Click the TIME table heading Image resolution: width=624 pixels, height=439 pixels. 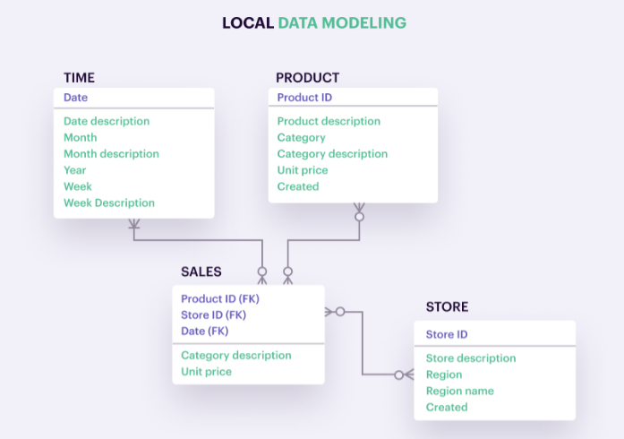[x=79, y=77]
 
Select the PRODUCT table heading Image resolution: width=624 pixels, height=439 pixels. [x=308, y=77]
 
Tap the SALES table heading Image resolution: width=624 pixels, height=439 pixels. [x=201, y=271]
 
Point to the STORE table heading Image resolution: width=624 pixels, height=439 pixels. [x=448, y=306]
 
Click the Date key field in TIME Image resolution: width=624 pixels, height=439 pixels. [x=75, y=97]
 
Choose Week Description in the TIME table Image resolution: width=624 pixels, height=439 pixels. [x=109, y=202]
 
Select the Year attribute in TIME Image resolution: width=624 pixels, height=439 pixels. [x=75, y=170]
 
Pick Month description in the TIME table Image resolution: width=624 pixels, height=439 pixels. [x=111, y=154]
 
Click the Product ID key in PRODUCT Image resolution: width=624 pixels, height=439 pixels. [x=304, y=97]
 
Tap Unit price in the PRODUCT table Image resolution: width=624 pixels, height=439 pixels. [x=303, y=170]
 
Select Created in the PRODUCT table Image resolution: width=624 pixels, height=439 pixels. [x=298, y=186]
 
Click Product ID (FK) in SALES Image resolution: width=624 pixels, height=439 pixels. [x=220, y=298]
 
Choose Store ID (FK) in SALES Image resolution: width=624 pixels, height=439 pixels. [x=214, y=315]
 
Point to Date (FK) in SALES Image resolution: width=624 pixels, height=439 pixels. [x=204, y=331]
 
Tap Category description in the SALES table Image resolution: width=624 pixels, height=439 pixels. [x=236, y=356]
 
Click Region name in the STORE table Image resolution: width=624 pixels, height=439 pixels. [x=459, y=391]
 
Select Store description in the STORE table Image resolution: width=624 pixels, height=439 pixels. [x=471, y=358]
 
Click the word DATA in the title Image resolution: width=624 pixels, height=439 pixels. [x=297, y=22]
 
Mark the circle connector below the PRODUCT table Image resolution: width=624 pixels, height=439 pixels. [x=359, y=217]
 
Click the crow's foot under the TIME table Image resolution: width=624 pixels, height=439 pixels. [x=134, y=223]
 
